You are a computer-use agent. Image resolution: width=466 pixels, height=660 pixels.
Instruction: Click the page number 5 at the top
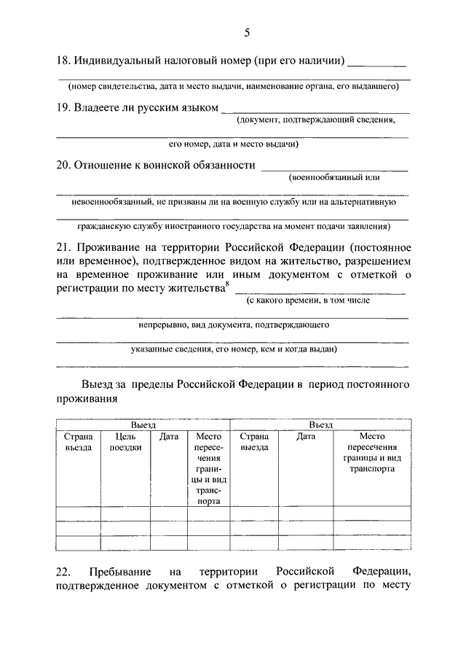(247, 32)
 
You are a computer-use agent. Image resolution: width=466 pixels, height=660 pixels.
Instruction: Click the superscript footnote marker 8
(226, 285)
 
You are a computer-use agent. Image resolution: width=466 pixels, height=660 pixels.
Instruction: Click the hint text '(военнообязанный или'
(334, 176)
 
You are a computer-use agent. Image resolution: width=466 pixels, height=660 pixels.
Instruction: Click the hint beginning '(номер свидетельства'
(233, 86)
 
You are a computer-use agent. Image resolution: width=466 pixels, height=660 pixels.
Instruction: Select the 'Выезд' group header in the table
(143, 424)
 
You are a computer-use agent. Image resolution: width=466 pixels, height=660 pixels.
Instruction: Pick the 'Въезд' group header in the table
(320, 424)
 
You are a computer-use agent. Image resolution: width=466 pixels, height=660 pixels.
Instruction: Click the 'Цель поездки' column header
(125, 442)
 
